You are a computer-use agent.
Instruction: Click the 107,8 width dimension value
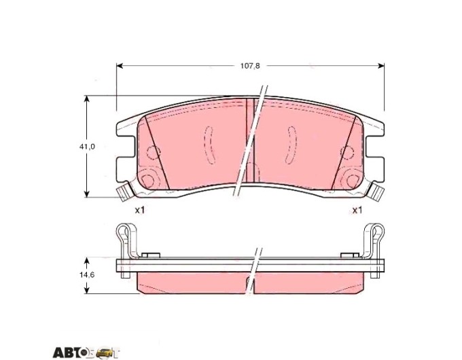click(x=250, y=66)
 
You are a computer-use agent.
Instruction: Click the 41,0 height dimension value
click(x=87, y=147)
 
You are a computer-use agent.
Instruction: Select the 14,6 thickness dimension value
click(x=87, y=274)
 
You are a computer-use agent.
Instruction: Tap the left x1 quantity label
click(x=140, y=210)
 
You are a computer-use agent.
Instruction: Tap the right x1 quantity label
click(x=357, y=210)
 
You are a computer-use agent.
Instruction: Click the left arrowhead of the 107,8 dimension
click(x=120, y=66)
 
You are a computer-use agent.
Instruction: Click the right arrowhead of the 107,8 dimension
click(x=381, y=66)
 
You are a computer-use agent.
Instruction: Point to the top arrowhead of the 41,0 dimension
click(x=87, y=98)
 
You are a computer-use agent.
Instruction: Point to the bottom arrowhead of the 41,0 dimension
click(x=87, y=194)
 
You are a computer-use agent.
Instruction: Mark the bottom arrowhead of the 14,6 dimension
click(x=87, y=291)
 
